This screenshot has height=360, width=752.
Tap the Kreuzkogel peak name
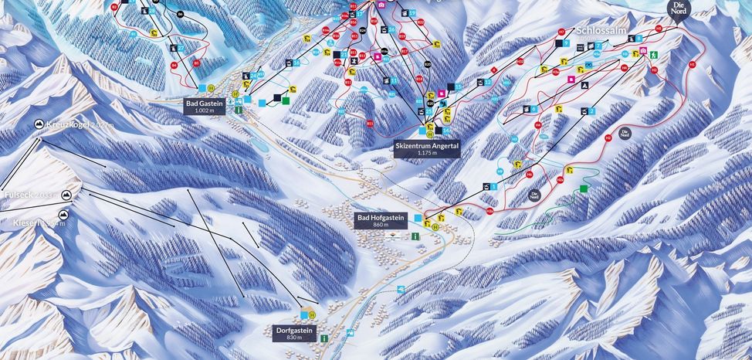[x=70, y=124]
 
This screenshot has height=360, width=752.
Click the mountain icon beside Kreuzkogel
[x=39, y=124]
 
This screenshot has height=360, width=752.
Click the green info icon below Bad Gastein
[x=239, y=111]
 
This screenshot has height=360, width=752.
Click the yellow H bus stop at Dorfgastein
[x=311, y=315]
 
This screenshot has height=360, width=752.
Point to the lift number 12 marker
[x=487, y=81]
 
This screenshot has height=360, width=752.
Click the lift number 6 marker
[x=534, y=110]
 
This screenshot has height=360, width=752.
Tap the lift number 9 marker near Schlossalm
[x=566, y=44]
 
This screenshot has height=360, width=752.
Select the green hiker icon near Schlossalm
[x=653, y=55]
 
